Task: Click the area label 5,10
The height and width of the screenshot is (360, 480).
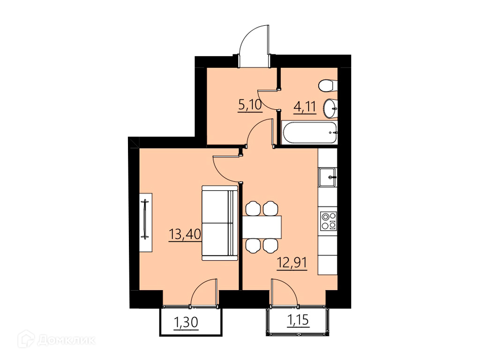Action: point(250,105)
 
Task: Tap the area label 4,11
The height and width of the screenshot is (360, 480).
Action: point(305,107)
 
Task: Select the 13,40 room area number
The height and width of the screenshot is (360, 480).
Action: point(185,235)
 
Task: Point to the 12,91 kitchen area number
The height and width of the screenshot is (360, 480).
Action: point(292,262)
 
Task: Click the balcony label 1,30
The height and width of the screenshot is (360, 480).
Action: point(186,322)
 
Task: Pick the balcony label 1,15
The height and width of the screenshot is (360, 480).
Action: point(298,320)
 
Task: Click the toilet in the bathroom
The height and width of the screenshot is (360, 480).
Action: point(328,85)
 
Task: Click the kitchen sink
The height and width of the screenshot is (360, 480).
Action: point(327,177)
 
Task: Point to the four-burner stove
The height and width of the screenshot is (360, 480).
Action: point(329,221)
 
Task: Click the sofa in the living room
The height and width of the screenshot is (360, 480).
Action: point(220,223)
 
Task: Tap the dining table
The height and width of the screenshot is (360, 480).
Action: point(262,227)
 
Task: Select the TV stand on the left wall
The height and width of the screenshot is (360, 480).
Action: point(146,223)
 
